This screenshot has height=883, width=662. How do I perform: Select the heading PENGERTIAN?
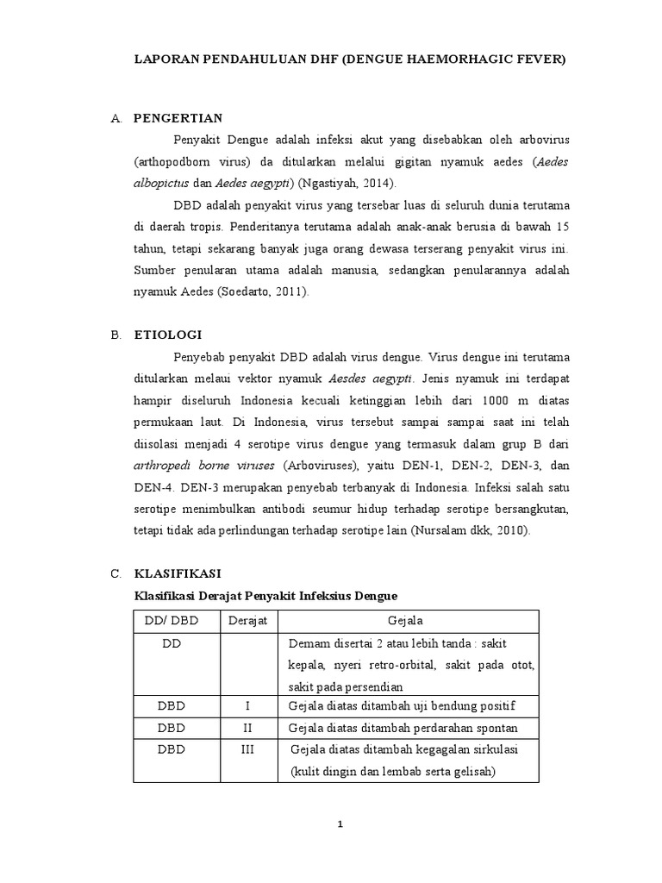point(178,118)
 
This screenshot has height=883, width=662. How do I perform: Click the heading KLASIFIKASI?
point(178,573)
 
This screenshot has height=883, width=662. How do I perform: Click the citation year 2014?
point(377,184)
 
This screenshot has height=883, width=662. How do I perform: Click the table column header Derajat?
point(247,621)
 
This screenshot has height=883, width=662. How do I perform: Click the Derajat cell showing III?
point(247,749)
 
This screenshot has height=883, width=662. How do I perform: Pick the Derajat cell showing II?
point(247,728)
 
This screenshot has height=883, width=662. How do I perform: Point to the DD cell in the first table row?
point(170,643)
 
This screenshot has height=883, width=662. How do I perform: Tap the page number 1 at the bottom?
point(340,824)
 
